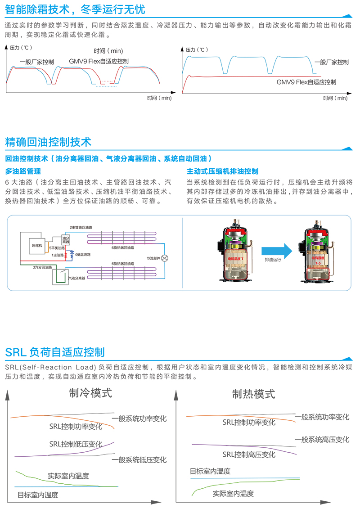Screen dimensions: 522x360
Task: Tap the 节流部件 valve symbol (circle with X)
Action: point(165,258)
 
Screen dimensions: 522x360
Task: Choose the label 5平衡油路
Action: point(57,248)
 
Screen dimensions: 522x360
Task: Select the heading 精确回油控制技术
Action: point(48,142)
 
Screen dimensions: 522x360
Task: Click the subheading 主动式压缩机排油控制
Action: point(222,171)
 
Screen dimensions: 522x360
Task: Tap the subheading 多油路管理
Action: point(23,171)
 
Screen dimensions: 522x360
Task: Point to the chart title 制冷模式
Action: point(90,393)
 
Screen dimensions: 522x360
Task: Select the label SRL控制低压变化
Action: point(76,444)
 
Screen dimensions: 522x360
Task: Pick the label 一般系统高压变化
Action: point(322,440)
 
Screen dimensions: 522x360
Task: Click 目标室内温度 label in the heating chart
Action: point(210,471)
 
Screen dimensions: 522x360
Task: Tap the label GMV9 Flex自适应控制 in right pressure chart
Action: point(306,82)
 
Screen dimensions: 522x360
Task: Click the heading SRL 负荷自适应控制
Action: point(55,351)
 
